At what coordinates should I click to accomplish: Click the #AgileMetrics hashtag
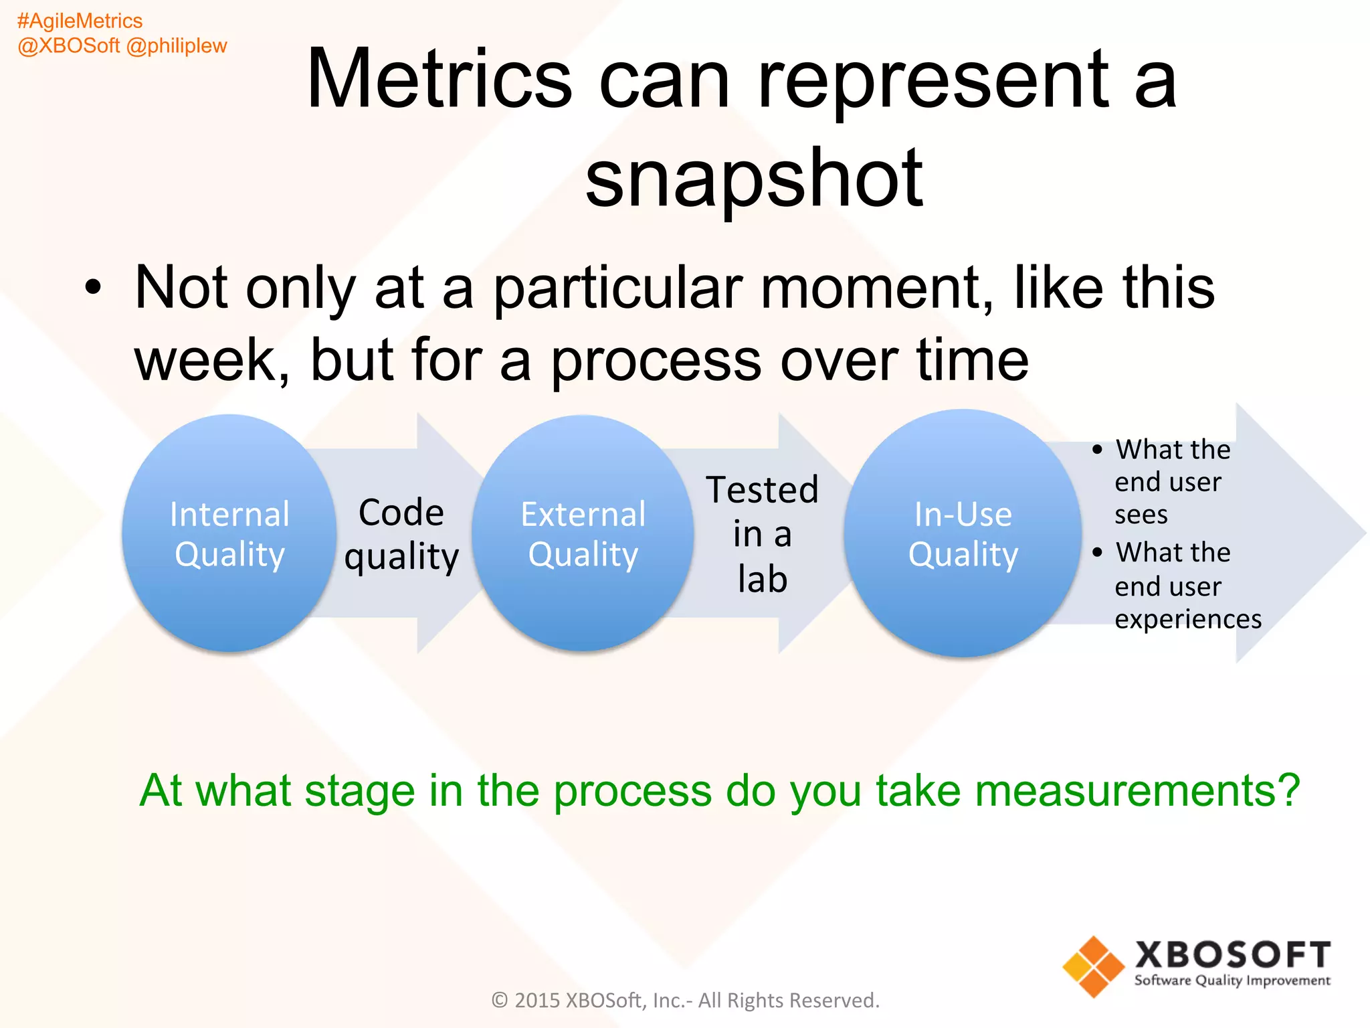80,21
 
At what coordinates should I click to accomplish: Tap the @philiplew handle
177,46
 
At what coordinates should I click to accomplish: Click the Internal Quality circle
229,533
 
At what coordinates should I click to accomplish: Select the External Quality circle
583,533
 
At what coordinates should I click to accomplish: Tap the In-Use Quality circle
963,533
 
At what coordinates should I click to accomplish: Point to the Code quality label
401,534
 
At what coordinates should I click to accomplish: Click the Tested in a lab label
763,534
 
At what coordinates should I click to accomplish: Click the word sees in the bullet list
1141,515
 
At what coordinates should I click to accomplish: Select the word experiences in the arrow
1188,619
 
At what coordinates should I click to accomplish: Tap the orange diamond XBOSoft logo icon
1094,966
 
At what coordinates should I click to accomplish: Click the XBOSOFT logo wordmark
1233,954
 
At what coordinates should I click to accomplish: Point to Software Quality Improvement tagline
1232,981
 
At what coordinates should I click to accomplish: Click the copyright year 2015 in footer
537,1001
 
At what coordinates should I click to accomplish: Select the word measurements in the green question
1088,791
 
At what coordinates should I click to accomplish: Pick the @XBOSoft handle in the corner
69,46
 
